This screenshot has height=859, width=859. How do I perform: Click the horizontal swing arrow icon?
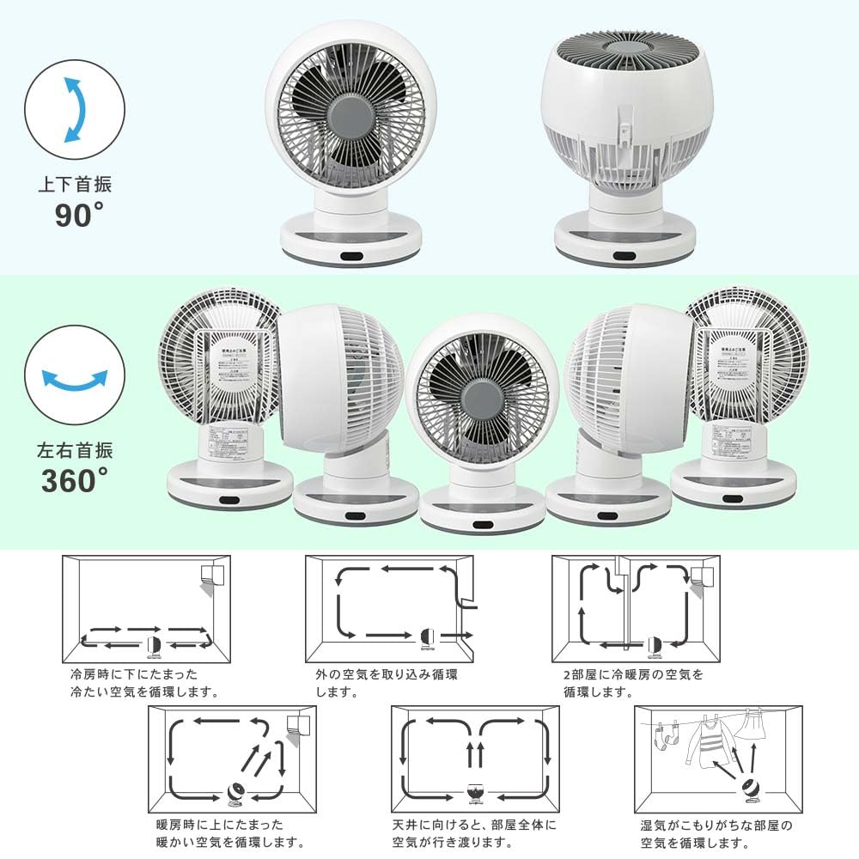pyautogui.click(x=76, y=377)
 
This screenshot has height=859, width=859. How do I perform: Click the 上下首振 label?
pyautogui.click(x=75, y=184)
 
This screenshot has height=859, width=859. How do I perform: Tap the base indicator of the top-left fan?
pyautogui.click(x=353, y=256)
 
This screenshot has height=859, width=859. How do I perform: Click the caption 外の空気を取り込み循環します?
pyautogui.click(x=386, y=683)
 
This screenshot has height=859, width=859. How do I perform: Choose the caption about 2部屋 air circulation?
pyautogui.click(x=633, y=683)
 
